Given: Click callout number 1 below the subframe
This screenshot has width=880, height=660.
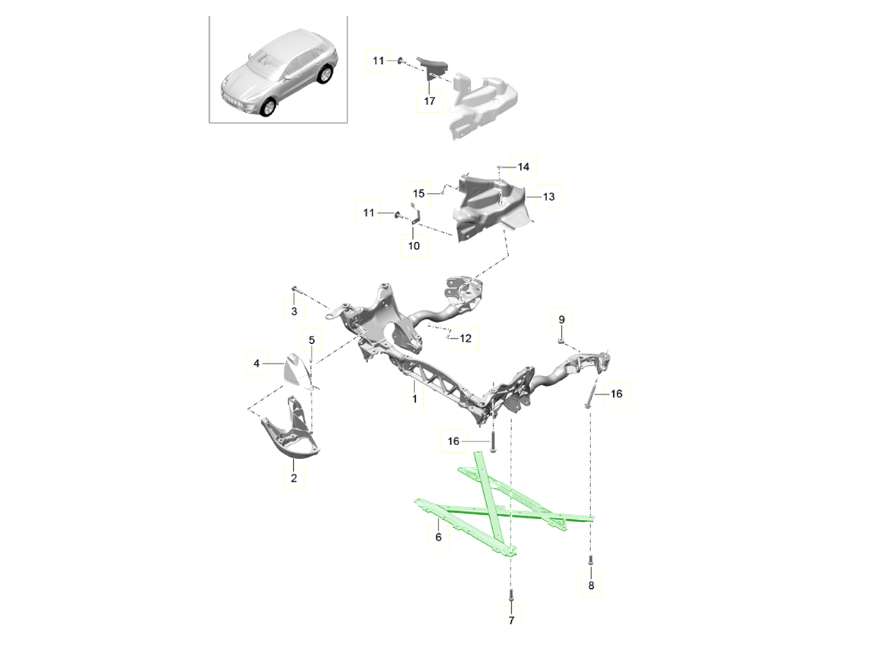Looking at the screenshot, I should pos(414,400).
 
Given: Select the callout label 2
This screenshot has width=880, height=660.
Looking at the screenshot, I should pos(293,479).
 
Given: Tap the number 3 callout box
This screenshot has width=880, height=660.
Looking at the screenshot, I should pos(293,312).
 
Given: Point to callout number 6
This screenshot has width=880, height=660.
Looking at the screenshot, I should pos(438,538).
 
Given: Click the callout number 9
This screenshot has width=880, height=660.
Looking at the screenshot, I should pos(562,320).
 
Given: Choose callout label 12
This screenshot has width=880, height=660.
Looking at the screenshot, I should pos(465,339).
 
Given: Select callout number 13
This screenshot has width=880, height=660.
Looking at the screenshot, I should pos(549,197).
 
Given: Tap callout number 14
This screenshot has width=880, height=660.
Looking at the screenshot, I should pos(523,167).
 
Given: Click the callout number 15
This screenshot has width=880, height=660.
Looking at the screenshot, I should pos(419,194).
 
